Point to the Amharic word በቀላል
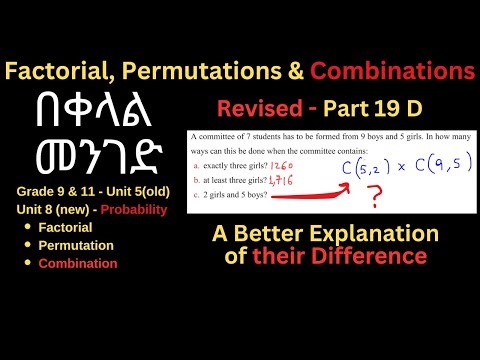[x=100, y=112]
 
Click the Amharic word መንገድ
[x=100, y=158]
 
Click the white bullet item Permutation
[x=76, y=245]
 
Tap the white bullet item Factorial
[x=68, y=227]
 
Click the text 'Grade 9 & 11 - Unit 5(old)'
[x=93, y=190]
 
